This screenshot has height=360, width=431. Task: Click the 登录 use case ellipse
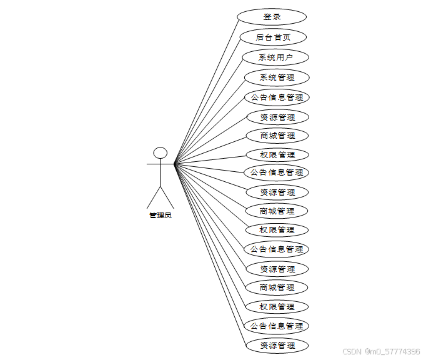(272, 17)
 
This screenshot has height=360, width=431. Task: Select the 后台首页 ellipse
(273, 37)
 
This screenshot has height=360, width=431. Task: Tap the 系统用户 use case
(275, 57)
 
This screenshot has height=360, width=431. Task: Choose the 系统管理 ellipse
(277, 77)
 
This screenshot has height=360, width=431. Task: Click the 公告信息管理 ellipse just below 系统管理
(277, 97)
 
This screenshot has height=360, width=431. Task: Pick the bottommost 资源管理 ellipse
(277, 346)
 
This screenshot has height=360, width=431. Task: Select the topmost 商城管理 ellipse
(277, 136)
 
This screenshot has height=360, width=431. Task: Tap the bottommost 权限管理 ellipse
(277, 307)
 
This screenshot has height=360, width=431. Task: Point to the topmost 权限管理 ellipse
(277, 155)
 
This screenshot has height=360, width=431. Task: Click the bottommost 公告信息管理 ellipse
(277, 326)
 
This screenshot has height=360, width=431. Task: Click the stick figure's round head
(161, 152)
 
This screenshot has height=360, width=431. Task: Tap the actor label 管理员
(161, 216)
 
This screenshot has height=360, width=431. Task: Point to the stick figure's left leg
(154, 197)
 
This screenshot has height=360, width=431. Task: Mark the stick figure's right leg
(167, 197)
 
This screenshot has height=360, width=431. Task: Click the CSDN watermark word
(353, 352)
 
